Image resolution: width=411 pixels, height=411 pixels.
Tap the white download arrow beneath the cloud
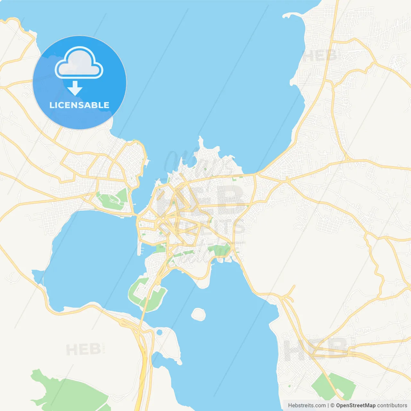75,88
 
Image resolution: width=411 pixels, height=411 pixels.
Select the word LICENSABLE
79,105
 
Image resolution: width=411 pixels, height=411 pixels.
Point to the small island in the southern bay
198,314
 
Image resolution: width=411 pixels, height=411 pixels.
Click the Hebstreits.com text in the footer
307,405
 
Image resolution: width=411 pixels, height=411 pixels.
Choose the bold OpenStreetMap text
355,405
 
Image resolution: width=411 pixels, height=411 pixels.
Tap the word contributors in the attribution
392,405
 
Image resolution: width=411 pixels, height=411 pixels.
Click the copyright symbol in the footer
332,405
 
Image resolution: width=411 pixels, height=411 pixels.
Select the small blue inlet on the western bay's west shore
38,275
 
